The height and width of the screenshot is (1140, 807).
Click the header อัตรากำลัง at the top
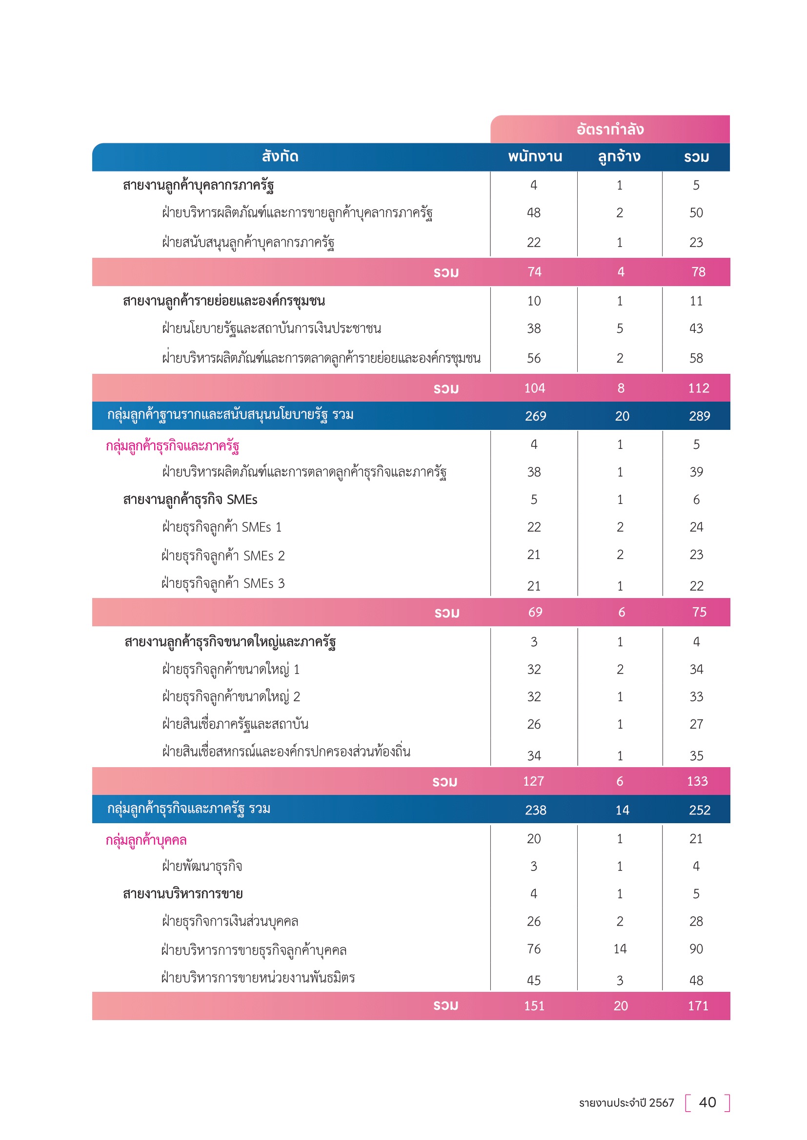point(610,130)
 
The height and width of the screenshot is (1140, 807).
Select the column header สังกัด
point(280,157)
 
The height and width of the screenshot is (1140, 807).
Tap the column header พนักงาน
point(535,157)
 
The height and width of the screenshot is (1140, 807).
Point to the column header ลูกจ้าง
point(619,157)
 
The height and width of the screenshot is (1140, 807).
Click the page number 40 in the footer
point(707,1102)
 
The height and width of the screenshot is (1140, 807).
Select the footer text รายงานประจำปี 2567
point(626,1103)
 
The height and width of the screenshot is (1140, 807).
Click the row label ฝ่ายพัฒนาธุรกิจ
point(202,867)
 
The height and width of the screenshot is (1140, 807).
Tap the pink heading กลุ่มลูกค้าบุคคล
point(146,840)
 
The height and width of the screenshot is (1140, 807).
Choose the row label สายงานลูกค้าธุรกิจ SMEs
point(190,500)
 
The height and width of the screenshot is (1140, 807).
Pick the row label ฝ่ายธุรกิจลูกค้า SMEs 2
point(223,556)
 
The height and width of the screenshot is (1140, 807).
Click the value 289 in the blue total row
point(699,416)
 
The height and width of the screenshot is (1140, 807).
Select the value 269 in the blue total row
point(535,416)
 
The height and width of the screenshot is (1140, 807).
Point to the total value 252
point(699,811)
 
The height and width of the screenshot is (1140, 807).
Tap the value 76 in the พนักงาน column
point(534,949)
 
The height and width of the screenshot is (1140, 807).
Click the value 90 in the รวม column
point(696,949)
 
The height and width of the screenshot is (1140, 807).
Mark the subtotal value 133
point(697,781)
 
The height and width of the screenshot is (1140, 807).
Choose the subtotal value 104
point(535,388)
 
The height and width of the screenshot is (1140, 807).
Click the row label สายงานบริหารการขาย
point(183,894)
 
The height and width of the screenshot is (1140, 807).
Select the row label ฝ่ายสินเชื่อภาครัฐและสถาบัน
point(235,724)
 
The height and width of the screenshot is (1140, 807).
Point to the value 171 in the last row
point(698,1006)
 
